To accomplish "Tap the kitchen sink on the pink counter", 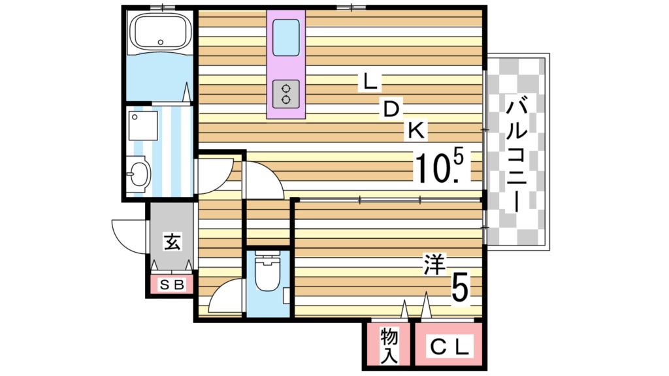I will click(x=286, y=38).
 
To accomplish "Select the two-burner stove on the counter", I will click(x=286, y=93).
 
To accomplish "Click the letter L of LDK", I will click(x=370, y=82).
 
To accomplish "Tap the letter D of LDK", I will click(x=391, y=110).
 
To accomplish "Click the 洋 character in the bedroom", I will click(x=434, y=264).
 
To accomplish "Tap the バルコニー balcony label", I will click(x=517, y=153).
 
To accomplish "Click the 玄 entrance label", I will click(x=171, y=242).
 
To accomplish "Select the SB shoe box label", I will click(x=172, y=285).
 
